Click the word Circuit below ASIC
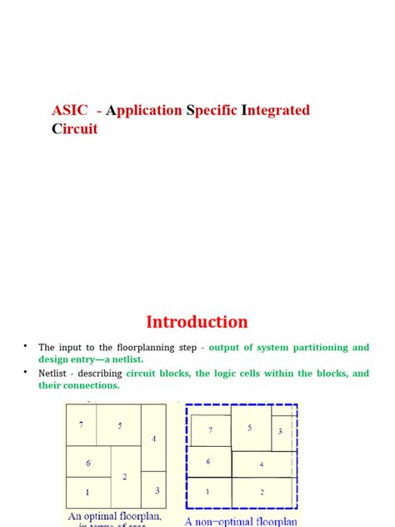click(74, 128)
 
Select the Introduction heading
click(197, 322)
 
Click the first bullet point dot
click(26, 345)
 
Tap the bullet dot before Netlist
click(26, 372)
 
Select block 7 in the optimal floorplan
click(81, 425)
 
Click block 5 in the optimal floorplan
click(119, 425)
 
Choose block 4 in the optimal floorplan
click(153, 438)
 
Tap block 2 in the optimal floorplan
click(125, 476)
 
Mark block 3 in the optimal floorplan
click(157, 490)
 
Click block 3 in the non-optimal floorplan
click(280, 431)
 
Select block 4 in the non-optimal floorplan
click(262, 464)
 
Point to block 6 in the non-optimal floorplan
click(207, 461)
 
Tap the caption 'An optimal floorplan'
click(115, 518)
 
